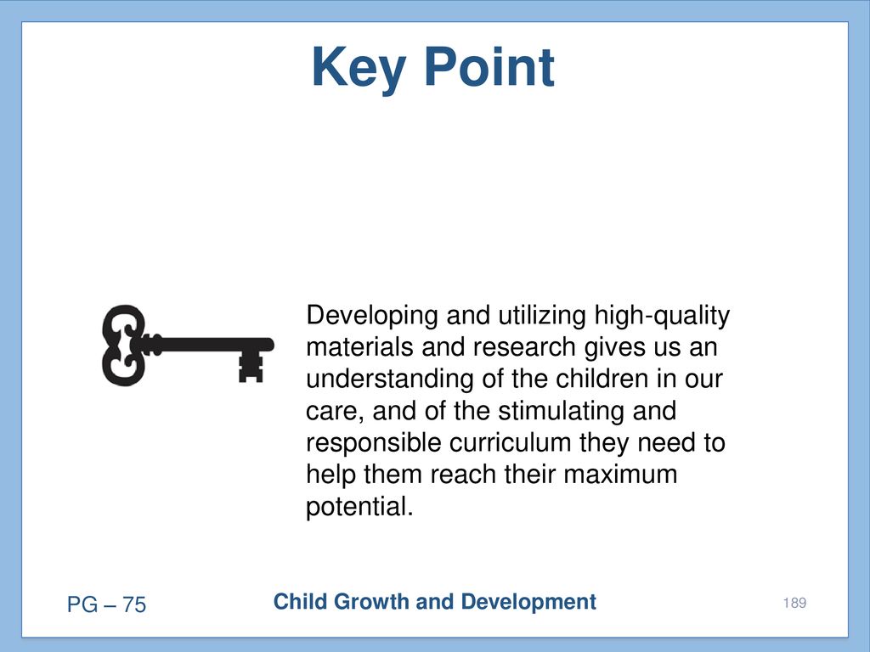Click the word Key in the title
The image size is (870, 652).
point(359,68)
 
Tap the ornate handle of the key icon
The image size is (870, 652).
point(123,345)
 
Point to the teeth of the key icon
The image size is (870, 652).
point(251,367)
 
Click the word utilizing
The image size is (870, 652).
point(542,315)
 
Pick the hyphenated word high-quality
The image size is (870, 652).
point(662,316)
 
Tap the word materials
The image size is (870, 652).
point(359,347)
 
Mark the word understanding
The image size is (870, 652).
point(389,379)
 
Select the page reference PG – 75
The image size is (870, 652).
point(106,604)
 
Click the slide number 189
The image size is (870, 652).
point(794,603)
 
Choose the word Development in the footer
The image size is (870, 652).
point(528,603)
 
